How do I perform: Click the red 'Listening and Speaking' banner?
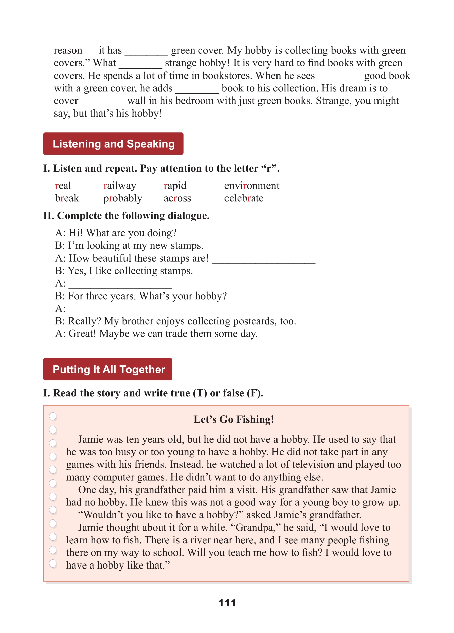point(113,144)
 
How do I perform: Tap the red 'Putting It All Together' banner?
point(108,369)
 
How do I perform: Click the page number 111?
point(227,602)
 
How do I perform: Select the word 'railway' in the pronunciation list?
point(120,186)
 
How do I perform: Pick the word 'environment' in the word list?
point(252,186)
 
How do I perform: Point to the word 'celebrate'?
point(244,198)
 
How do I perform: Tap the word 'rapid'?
point(175,186)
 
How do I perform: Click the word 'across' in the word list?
point(177,198)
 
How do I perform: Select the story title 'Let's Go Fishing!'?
point(234,419)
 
